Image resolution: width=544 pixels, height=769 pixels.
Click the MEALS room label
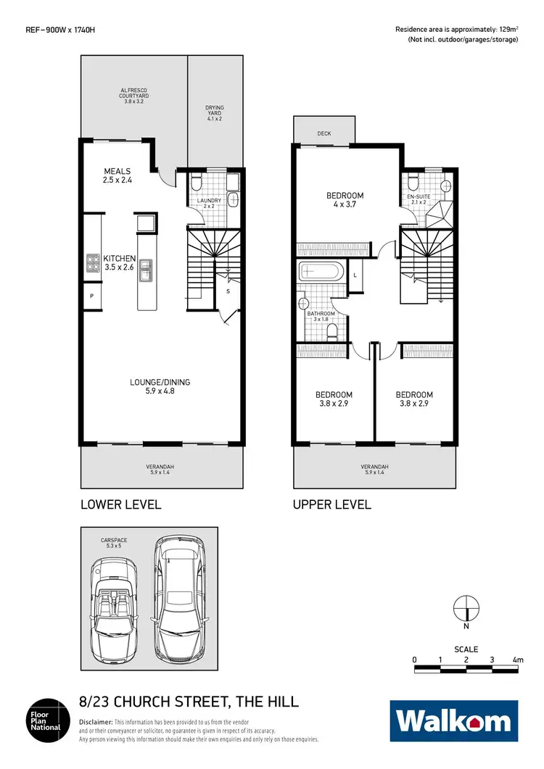(117, 172)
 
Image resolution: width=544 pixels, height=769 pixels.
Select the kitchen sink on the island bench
(147, 269)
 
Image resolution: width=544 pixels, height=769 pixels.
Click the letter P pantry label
(91, 296)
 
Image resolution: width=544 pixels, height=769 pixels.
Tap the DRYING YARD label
(215, 112)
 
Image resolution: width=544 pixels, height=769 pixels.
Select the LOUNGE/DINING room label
(160, 382)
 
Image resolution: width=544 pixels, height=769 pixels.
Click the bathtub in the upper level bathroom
(320, 273)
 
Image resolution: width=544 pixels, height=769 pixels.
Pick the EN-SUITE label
(419, 196)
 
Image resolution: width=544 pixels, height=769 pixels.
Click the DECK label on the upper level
(323, 133)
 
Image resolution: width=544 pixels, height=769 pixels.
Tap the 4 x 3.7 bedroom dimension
(345, 206)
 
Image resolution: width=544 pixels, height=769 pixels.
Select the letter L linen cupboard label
(355, 276)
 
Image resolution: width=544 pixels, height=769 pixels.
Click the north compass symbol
(465, 607)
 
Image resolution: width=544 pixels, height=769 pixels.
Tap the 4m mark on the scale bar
(517, 660)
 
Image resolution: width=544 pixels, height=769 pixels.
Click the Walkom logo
(454, 721)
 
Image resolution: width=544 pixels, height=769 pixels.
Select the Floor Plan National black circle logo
(49, 720)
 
